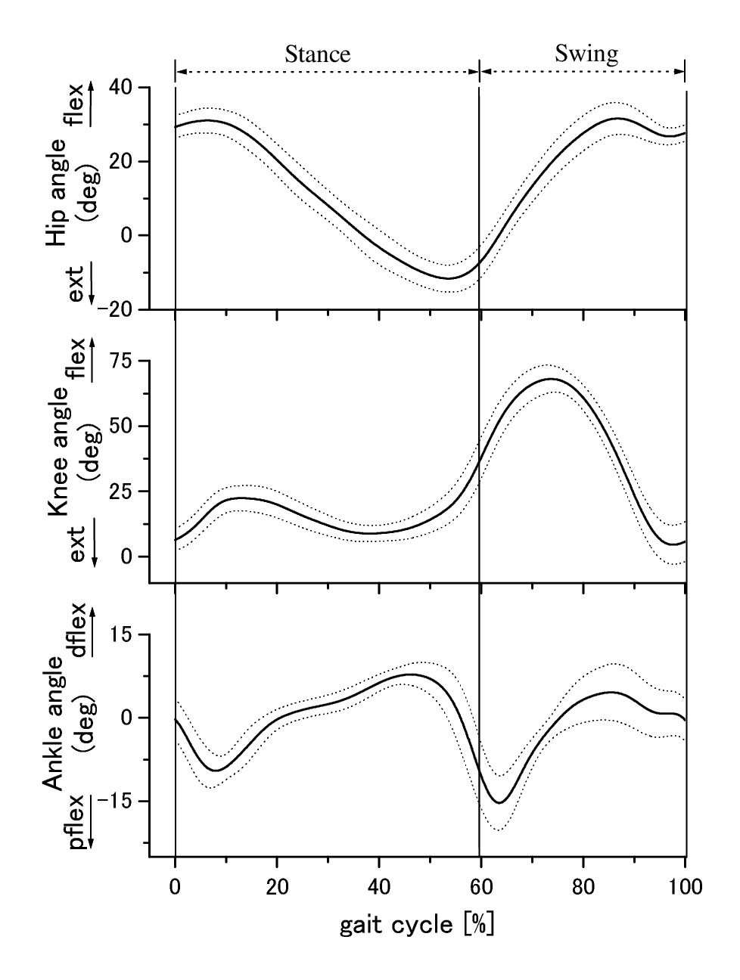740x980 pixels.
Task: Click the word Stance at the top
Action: [317, 54]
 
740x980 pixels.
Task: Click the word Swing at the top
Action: [586, 53]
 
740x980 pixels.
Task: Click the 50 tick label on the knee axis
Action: [126, 426]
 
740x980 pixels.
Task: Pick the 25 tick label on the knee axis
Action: [126, 492]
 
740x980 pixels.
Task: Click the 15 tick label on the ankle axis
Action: [126, 635]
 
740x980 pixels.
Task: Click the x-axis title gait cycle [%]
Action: [416, 924]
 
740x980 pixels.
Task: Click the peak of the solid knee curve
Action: [551, 379]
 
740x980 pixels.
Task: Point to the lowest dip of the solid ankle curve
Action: [499, 802]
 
